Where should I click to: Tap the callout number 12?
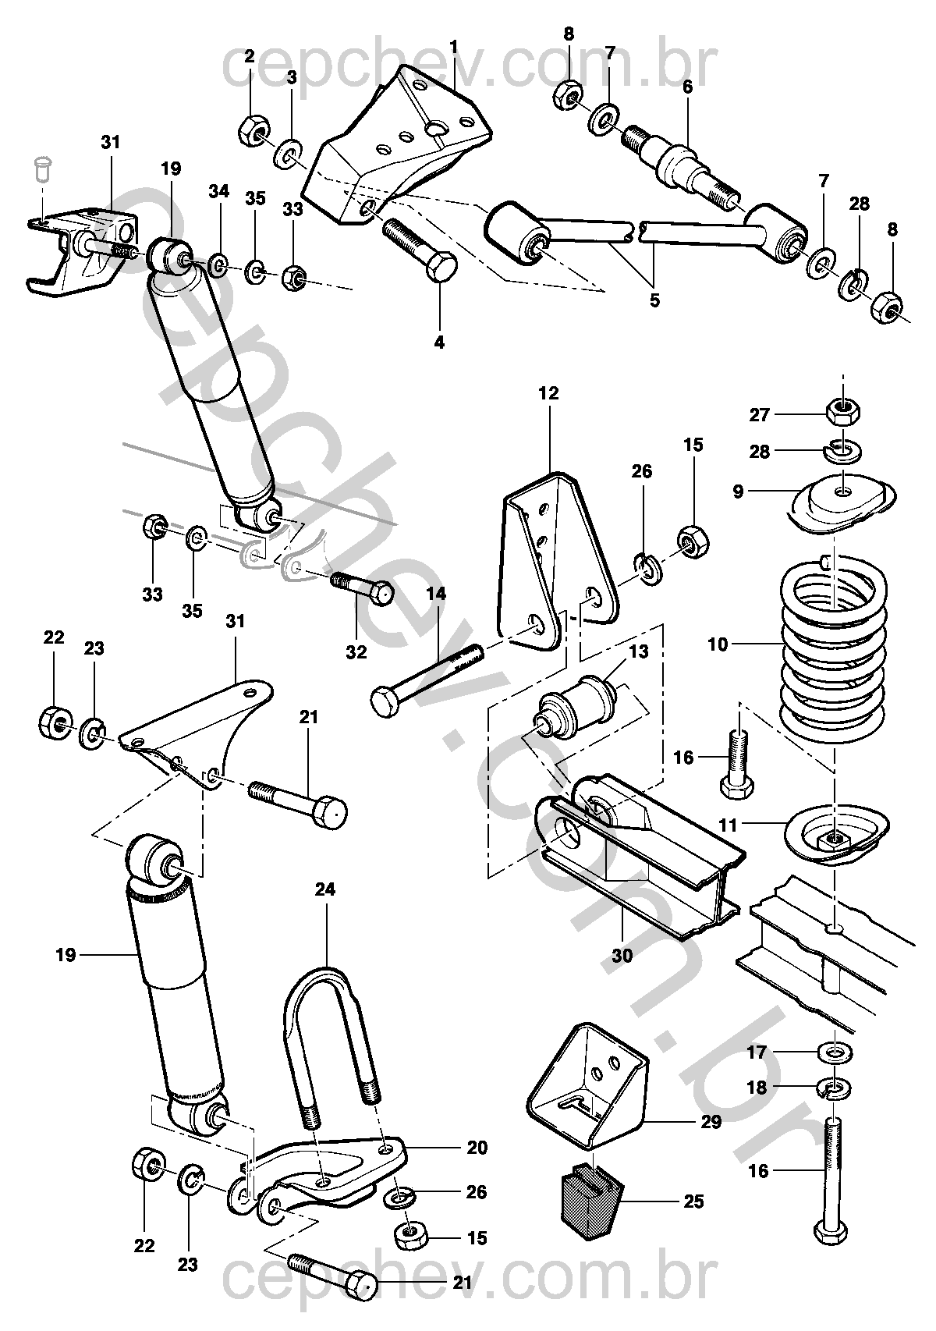[548, 393]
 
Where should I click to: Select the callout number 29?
[711, 1122]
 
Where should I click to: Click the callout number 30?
[622, 955]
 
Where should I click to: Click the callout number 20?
[477, 1147]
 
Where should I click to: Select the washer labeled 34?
[219, 266]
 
